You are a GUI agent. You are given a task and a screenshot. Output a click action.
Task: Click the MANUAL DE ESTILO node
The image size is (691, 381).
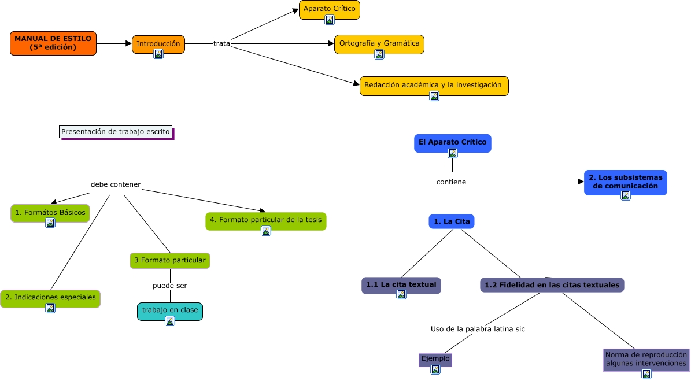(x=53, y=43)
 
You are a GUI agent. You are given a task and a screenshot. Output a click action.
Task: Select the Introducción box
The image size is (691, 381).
(x=158, y=44)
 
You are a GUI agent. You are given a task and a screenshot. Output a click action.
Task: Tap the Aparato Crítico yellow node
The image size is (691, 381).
(x=329, y=9)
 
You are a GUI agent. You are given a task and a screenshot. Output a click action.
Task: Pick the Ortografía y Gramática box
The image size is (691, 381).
(x=379, y=43)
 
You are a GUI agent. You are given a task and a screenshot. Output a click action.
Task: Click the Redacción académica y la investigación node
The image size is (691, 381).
(x=433, y=85)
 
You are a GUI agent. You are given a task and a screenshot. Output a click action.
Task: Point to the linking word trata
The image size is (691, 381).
(x=221, y=43)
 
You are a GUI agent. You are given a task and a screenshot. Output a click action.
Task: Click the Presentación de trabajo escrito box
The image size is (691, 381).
(x=116, y=132)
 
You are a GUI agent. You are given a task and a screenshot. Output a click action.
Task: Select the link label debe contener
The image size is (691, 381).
(x=116, y=184)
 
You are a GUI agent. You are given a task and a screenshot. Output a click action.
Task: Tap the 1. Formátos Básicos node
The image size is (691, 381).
(x=50, y=212)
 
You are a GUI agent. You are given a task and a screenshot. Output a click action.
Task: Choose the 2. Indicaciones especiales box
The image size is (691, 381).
(x=50, y=297)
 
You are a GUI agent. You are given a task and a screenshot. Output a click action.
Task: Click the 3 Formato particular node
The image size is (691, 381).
(x=169, y=260)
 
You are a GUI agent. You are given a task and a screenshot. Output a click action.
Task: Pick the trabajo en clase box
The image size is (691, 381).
(x=169, y=310)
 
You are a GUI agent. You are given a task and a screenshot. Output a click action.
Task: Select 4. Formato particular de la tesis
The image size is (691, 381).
(x=265, y=220)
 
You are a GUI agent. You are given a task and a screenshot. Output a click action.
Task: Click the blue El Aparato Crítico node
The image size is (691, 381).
(x=452, y=142)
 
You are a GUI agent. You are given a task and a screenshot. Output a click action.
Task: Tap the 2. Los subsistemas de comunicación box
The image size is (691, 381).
(x=625, y=182)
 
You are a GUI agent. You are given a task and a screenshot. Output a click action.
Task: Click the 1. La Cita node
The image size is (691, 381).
(x=452, y=221)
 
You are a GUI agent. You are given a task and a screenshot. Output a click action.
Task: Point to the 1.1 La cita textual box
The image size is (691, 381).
(x=401, y=284)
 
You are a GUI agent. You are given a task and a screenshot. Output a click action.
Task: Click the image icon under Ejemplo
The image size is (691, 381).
(x=434, y=371)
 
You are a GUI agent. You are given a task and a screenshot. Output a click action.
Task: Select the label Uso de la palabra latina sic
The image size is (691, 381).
(x=478, y=329)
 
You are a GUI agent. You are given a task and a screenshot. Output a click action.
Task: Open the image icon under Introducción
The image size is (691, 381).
(x=158, y=54)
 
